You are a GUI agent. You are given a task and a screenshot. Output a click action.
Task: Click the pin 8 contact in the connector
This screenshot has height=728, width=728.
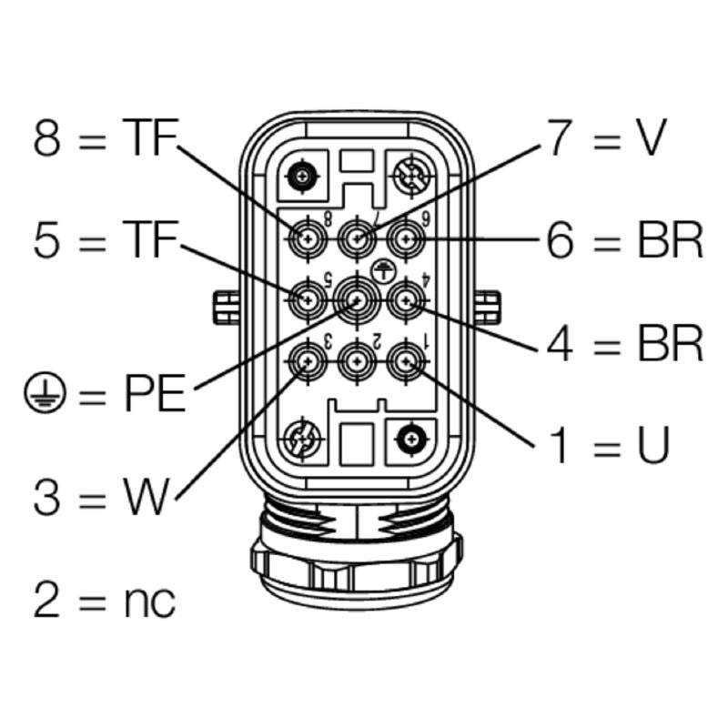(x=308, y=241)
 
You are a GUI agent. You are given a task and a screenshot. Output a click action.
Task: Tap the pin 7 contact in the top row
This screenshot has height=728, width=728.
(x=356, y=241)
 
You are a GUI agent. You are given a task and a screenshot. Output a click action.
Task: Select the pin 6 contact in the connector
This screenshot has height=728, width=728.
(x=405, y=241)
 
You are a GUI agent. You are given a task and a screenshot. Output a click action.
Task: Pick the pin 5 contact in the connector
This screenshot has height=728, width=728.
(x=308, y=298)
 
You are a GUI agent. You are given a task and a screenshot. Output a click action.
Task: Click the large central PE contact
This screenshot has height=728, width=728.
(x=356, y=298)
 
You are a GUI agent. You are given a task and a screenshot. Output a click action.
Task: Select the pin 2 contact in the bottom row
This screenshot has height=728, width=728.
(x=356, y=363)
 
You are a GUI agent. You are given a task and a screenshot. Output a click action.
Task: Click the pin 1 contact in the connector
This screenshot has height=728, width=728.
(x=405, y=363)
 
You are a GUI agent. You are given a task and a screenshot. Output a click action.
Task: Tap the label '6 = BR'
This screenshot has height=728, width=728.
(x=624, y=240)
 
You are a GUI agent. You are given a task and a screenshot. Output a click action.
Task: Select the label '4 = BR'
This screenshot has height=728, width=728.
(x=624, y=343)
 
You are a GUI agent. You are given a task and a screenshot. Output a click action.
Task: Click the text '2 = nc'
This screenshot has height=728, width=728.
(x=105, y=600)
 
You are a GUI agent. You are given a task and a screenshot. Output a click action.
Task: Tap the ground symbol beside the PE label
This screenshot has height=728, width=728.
(x=40, y=394)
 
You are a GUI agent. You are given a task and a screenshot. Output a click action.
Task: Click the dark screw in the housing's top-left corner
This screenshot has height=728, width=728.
(x=301, y=175)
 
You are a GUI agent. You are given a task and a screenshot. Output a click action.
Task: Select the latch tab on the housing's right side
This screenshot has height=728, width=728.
(x=488, y=307)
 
